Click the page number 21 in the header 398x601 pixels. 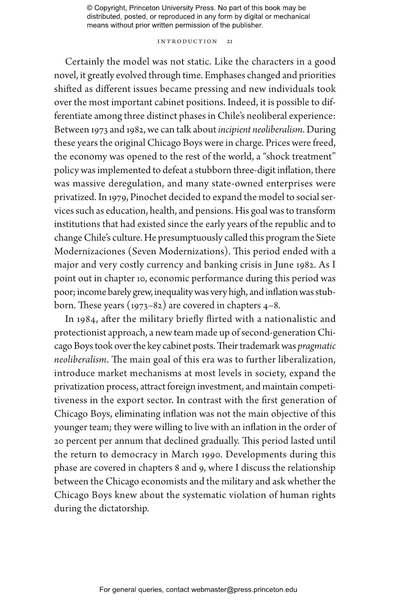[x=230, y=42]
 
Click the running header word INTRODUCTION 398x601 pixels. [x=187, y=42]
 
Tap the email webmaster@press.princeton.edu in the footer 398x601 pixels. [x=244, y=590]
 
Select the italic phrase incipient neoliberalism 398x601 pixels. [x=260, y=130]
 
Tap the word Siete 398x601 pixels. [x=326, y=238]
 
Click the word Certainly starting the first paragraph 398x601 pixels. [x=85, y=62]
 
